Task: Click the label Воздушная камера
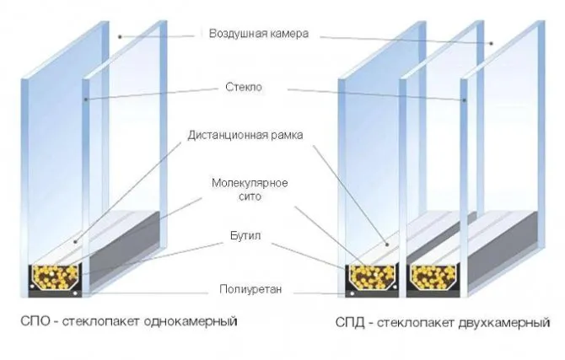click(259, 34)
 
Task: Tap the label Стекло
click(244, 87)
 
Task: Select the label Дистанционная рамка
click(245, 135)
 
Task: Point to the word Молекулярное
click(250, 183)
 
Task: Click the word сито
click(250, 196)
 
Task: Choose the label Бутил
click(245, 236)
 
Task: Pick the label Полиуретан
click(250, 289)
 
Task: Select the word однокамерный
click(191, 321)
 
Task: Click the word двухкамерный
click(504, 322)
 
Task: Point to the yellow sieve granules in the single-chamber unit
click(55, 277)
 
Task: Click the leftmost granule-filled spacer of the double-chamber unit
click(372, 277)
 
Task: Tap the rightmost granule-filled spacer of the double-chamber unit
click(433, 277)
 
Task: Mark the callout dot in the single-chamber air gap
click(120, 36)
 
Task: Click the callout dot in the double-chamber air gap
click(491, 44)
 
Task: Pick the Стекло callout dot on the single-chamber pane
click(86, 99)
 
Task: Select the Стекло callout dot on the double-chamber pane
click(465, 99)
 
